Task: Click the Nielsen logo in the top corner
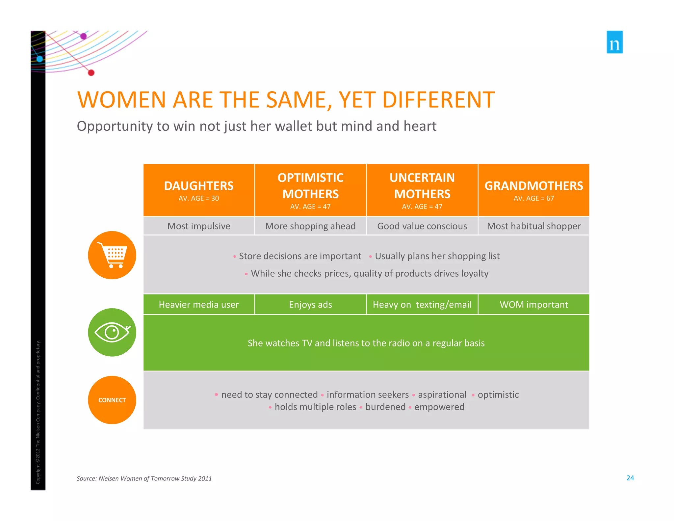(x=614, y=42)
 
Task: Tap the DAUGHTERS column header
(x=199, y=190)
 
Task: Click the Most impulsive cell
(x=199, y=226)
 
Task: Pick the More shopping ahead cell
(x=310, y=226)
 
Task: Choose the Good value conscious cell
(x=422, y=226)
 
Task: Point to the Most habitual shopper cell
(x=533, y=226)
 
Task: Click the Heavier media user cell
(x=199, y=304)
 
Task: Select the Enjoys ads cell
(x=310, y=304)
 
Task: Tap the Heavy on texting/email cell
(x=422, y=304)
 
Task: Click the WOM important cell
(x=533, y=304)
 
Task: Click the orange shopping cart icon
(x=112, y=255)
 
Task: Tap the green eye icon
(x=112, y=332)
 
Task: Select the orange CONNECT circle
(x=112, y=400)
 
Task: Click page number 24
(x=630, y=478)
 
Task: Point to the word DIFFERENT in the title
(x=438, y=100)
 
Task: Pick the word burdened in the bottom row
(x=385, y=407)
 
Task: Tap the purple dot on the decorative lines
(x=84, y=36)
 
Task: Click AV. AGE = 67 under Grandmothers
(x=533, y=198)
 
